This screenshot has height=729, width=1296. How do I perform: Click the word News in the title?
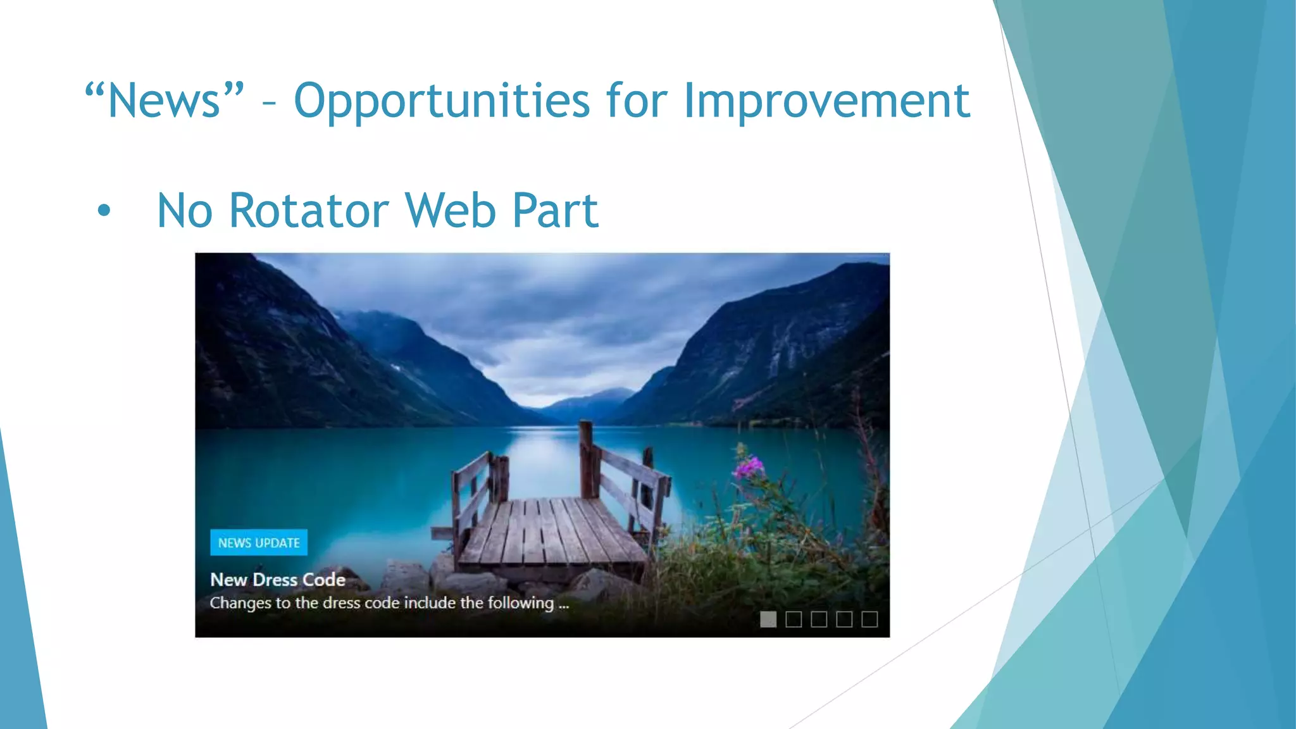(164, 101)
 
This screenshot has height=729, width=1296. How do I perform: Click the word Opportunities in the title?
(441, 101)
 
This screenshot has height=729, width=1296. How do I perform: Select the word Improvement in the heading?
(826, 101)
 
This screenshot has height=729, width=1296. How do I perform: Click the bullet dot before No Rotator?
(104, 212)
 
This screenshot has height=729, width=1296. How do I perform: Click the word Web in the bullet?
(450, 211)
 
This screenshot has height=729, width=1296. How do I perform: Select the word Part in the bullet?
(555, 211)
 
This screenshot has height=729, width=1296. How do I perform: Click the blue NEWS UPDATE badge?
(259, 543)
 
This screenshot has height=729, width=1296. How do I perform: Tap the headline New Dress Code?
(278, 580)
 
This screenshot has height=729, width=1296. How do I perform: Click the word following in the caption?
(520, 603)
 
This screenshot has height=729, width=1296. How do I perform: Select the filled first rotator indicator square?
(768, 619)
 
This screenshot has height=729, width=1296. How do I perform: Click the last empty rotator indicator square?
(869, 619)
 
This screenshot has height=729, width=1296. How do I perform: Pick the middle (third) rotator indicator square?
(819, 619)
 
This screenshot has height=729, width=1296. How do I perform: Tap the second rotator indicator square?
(794, 619)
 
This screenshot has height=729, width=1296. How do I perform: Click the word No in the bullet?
(184, 211)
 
